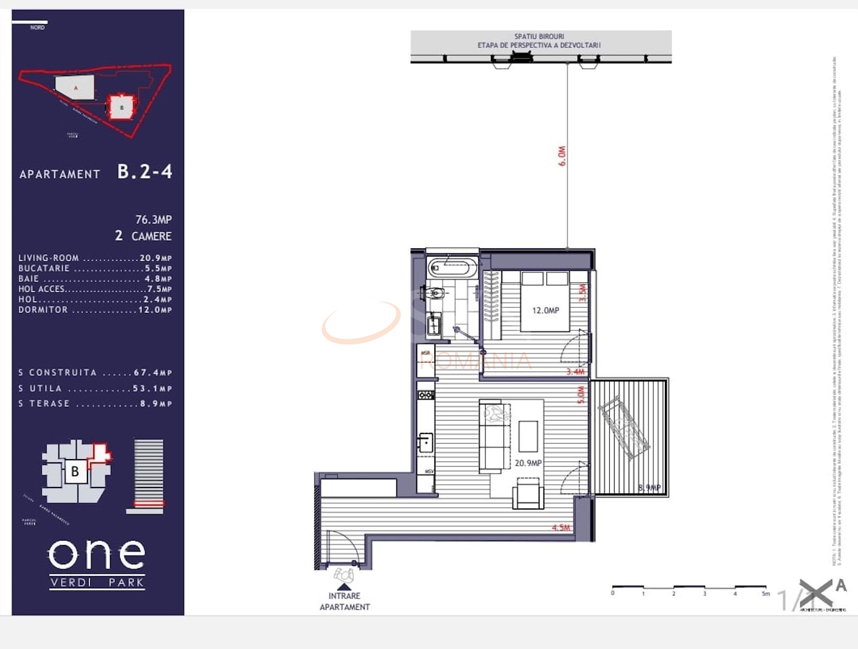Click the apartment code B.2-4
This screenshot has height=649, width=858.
(144, 172)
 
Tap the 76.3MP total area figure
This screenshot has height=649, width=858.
(153, 219)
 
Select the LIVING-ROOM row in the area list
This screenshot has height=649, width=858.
(95, 258)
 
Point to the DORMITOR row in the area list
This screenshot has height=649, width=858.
(95, 309)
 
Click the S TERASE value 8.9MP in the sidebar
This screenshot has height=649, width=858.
(156, 403)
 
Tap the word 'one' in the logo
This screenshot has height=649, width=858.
(97, 554)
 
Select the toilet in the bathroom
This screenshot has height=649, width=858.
(435, 293)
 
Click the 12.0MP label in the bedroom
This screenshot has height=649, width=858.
(545, 310)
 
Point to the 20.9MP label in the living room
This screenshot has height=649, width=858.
(528, 462)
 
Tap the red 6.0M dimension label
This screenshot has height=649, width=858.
(561, 156)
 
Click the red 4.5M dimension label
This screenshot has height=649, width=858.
(561, 527)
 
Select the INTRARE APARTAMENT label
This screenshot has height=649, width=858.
(345, 601)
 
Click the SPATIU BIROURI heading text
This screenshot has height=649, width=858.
(539, 36)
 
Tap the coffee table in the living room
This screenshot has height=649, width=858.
(528, 436)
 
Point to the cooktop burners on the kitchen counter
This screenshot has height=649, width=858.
(426, 395)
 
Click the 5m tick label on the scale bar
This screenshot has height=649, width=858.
(766, 593)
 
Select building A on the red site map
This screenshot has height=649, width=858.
(75, 87)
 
